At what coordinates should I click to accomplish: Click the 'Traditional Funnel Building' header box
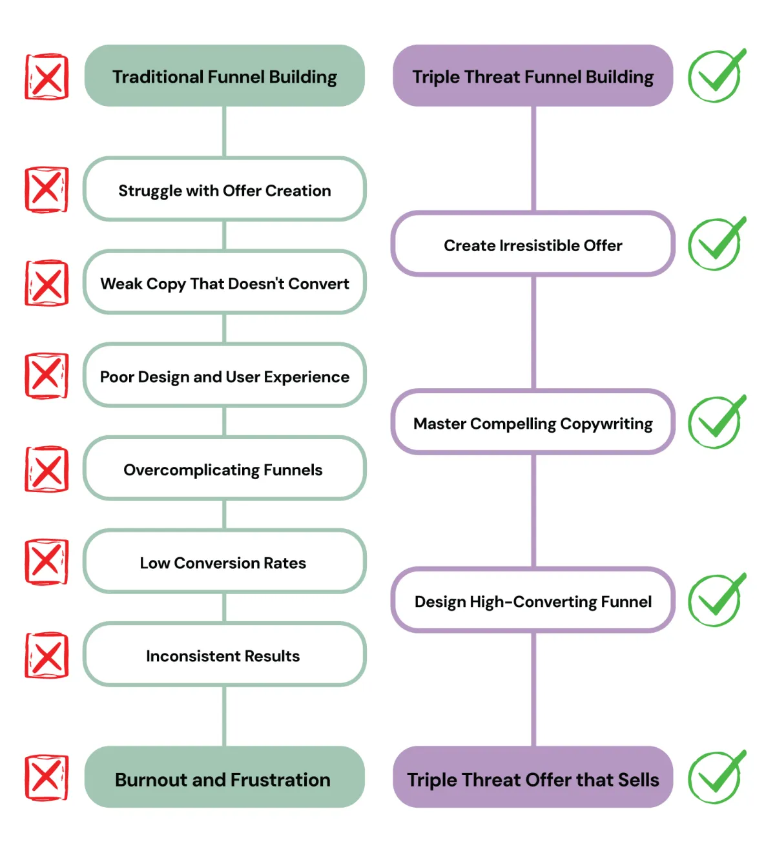pyautogui.click(x=224, y=76)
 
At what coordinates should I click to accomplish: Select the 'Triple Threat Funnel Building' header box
pyautogui.click(x=533, y=76)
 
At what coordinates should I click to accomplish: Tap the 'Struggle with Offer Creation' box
pyautogui.click(x=224, y=190)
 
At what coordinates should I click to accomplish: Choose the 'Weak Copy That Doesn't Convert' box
pyautogui.click(x=224, y=283)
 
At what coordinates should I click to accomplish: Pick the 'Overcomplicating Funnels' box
pyautogui.click(x=224, y=469)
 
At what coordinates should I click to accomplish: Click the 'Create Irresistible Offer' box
pyautogui.click(x=533, y=245)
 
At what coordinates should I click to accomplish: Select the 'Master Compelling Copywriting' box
pyautogui.click(x=533, y=423)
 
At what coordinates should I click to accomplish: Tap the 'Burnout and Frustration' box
pyautogui.click(x=224, y=779)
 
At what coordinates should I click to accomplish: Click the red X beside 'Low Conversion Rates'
pyautogui.click(x=46, y=562)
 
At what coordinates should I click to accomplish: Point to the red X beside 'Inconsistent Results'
pyautogui.click(x=46, y=655)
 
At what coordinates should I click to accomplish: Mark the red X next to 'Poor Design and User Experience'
pyautogui.click(x=46, y=376)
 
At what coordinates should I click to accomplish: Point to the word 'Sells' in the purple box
pyautogui.click(x=637, y=779)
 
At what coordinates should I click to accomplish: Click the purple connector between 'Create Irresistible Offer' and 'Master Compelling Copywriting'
pyautogui.click(x=533, y=333)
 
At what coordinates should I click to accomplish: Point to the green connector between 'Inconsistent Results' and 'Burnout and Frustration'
pyautogui.click(x=224, y=715)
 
